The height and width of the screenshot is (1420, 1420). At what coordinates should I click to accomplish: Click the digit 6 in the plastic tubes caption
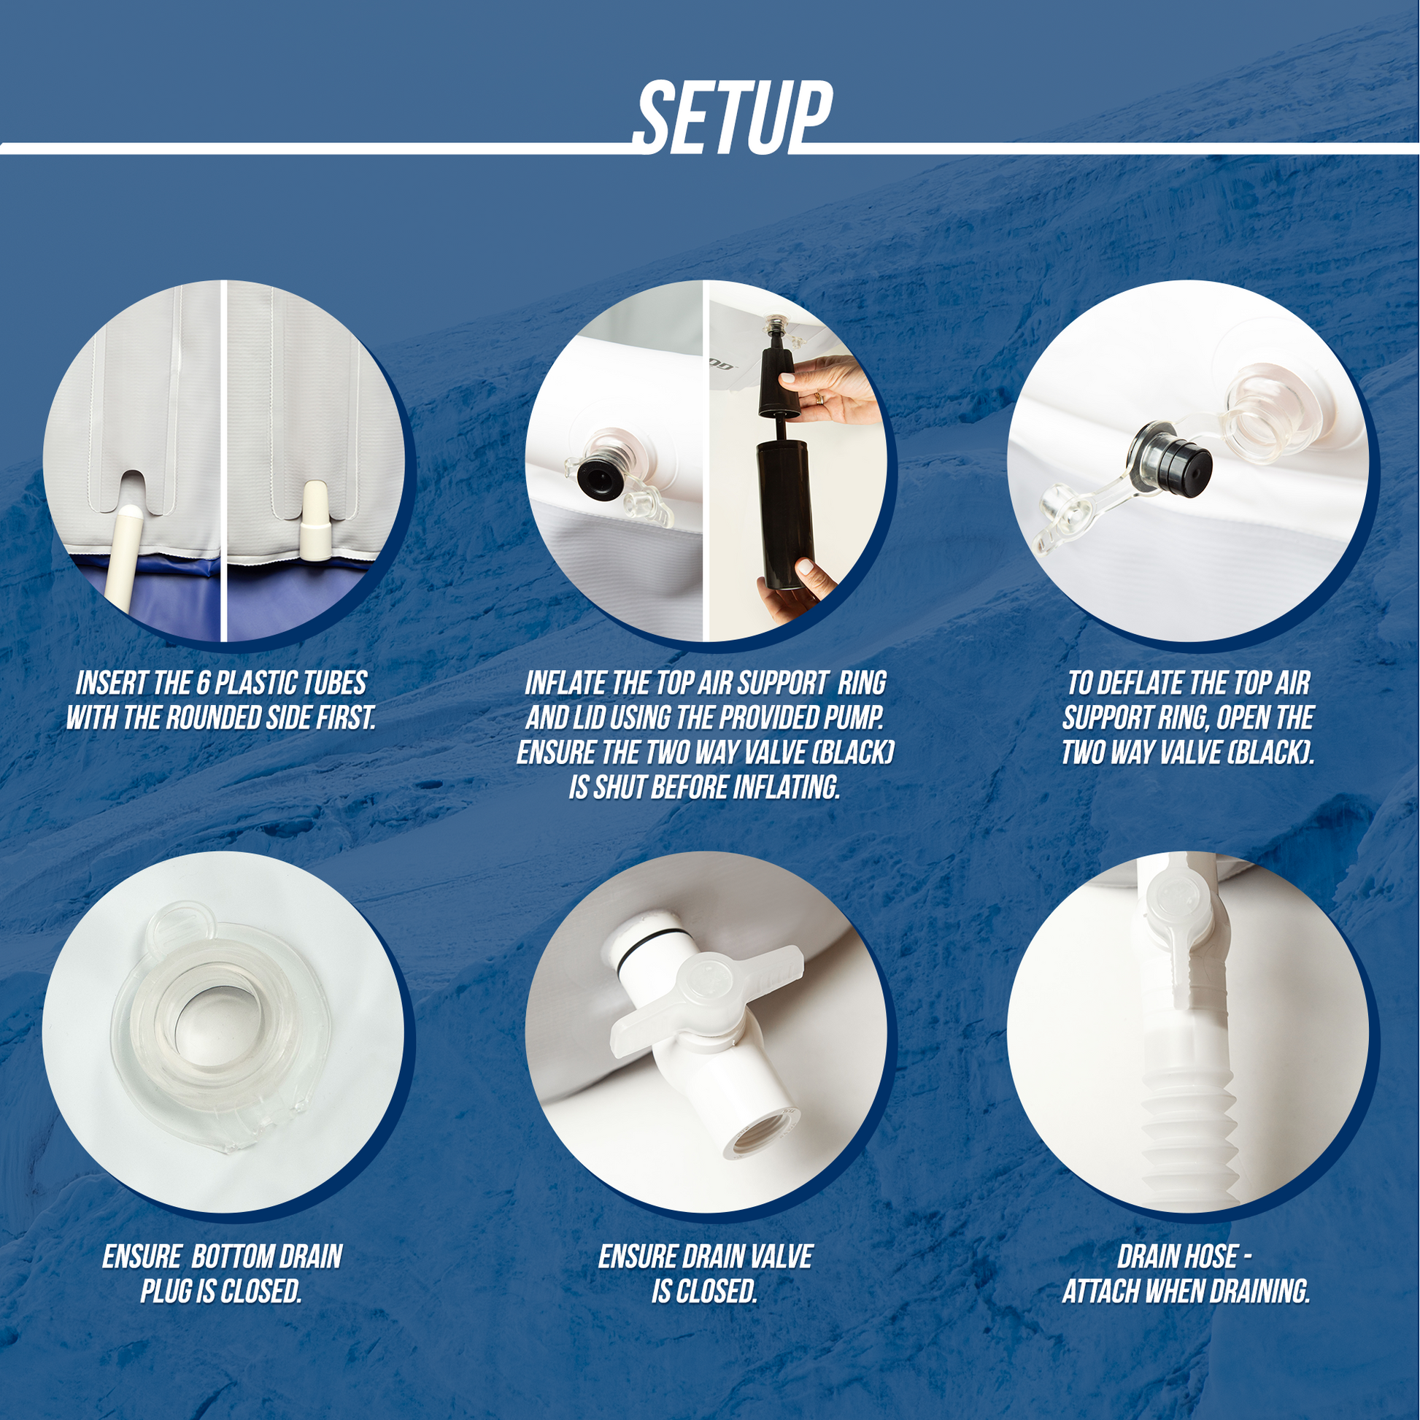click(x=202, y=684)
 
